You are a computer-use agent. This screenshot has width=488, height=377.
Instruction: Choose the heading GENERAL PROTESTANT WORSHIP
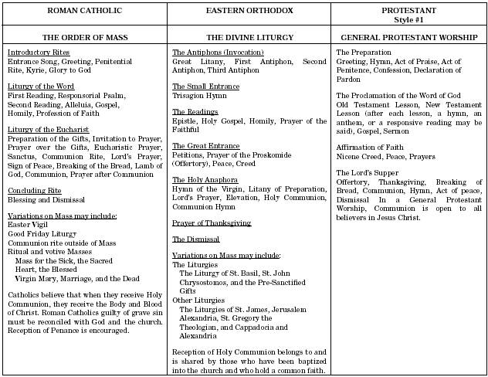(408, 37)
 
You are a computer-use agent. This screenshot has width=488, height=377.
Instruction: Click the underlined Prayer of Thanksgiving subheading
(211, 222)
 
